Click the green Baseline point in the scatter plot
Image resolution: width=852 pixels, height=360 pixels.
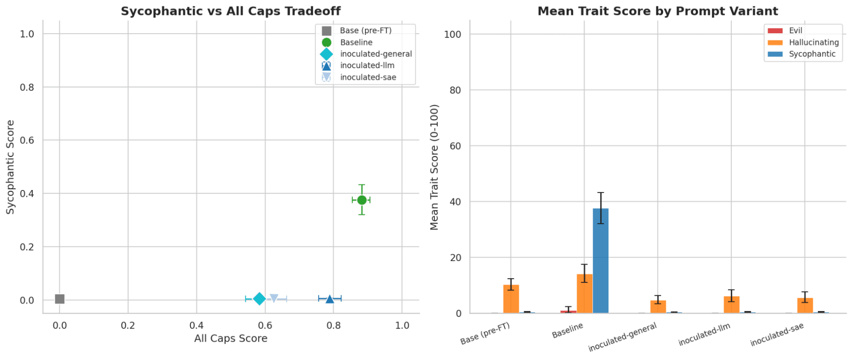pos(362,200)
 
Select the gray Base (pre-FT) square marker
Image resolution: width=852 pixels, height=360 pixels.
pos(60,299)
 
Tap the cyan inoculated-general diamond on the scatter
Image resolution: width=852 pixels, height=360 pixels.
pos(259,299)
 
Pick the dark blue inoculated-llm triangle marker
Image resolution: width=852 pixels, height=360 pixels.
pos(329,299)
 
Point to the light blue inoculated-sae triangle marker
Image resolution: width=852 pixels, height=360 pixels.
pos(274,298)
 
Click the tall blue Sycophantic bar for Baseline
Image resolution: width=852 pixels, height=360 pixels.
pos(601,261)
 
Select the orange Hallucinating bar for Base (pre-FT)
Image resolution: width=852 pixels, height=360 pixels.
pos(511,299)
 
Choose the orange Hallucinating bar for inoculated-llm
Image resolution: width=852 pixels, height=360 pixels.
pos(731,305)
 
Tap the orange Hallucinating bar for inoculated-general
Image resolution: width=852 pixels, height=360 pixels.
pos(658,307)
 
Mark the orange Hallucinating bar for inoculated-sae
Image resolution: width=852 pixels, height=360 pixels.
pos(805,305)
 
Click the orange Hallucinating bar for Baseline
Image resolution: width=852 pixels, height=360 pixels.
pos(584,294)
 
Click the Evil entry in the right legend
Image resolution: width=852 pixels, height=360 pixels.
pos(795,30)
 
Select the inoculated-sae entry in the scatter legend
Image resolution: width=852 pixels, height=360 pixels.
pos(368,77)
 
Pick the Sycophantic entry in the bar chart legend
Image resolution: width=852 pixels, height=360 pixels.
pos(812,54)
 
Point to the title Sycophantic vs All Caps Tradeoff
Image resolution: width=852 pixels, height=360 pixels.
pos(231,11)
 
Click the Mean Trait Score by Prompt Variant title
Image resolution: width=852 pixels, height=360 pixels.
pos(658,11)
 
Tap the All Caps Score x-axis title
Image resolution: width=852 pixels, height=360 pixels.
pos(231,338)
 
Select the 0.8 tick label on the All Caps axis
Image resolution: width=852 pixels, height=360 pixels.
pos(333,326)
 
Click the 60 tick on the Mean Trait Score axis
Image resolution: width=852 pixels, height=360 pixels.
pos(455,146)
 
